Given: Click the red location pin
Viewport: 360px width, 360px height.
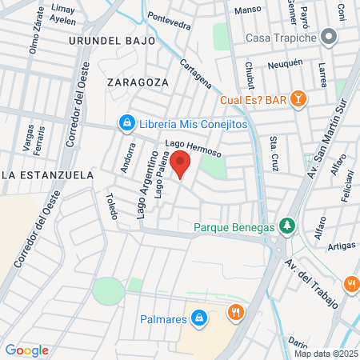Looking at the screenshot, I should point(181,163).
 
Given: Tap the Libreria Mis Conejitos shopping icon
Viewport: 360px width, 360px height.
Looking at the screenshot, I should point(126,123).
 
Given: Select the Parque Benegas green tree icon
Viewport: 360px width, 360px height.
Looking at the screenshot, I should point(287,226).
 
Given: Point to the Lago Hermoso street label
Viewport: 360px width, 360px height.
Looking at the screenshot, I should point(192,147).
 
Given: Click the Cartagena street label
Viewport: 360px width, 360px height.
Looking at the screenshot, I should point(196,74).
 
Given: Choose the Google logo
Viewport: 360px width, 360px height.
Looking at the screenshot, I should point(26,350).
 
